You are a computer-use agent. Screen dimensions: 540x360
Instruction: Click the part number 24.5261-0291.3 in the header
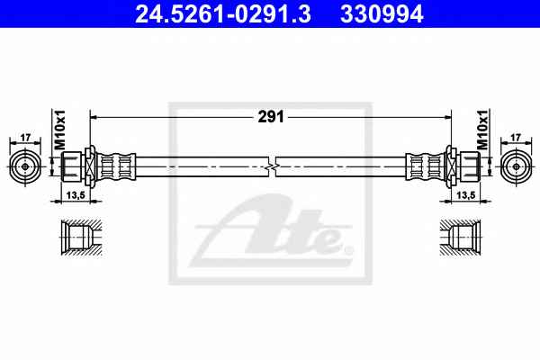click(223, 14)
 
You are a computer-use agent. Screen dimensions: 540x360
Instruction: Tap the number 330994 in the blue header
click(382, 14)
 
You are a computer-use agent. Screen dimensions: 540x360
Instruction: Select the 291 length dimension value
click(271, 117)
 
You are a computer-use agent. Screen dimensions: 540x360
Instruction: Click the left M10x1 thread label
click(60, 130)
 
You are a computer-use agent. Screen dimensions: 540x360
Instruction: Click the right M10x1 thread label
click(482, 130)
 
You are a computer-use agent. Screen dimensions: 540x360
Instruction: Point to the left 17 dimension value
click(25, 138)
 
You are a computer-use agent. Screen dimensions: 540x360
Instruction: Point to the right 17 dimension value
click(515, 138)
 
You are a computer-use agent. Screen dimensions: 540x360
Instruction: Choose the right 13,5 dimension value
click(466, 195)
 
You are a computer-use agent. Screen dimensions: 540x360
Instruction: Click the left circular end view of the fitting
click(25, 166)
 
